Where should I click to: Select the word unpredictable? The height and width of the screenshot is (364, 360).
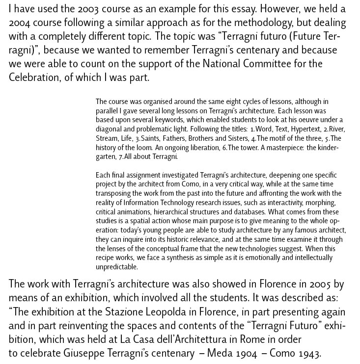click(x=117, y=267)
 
